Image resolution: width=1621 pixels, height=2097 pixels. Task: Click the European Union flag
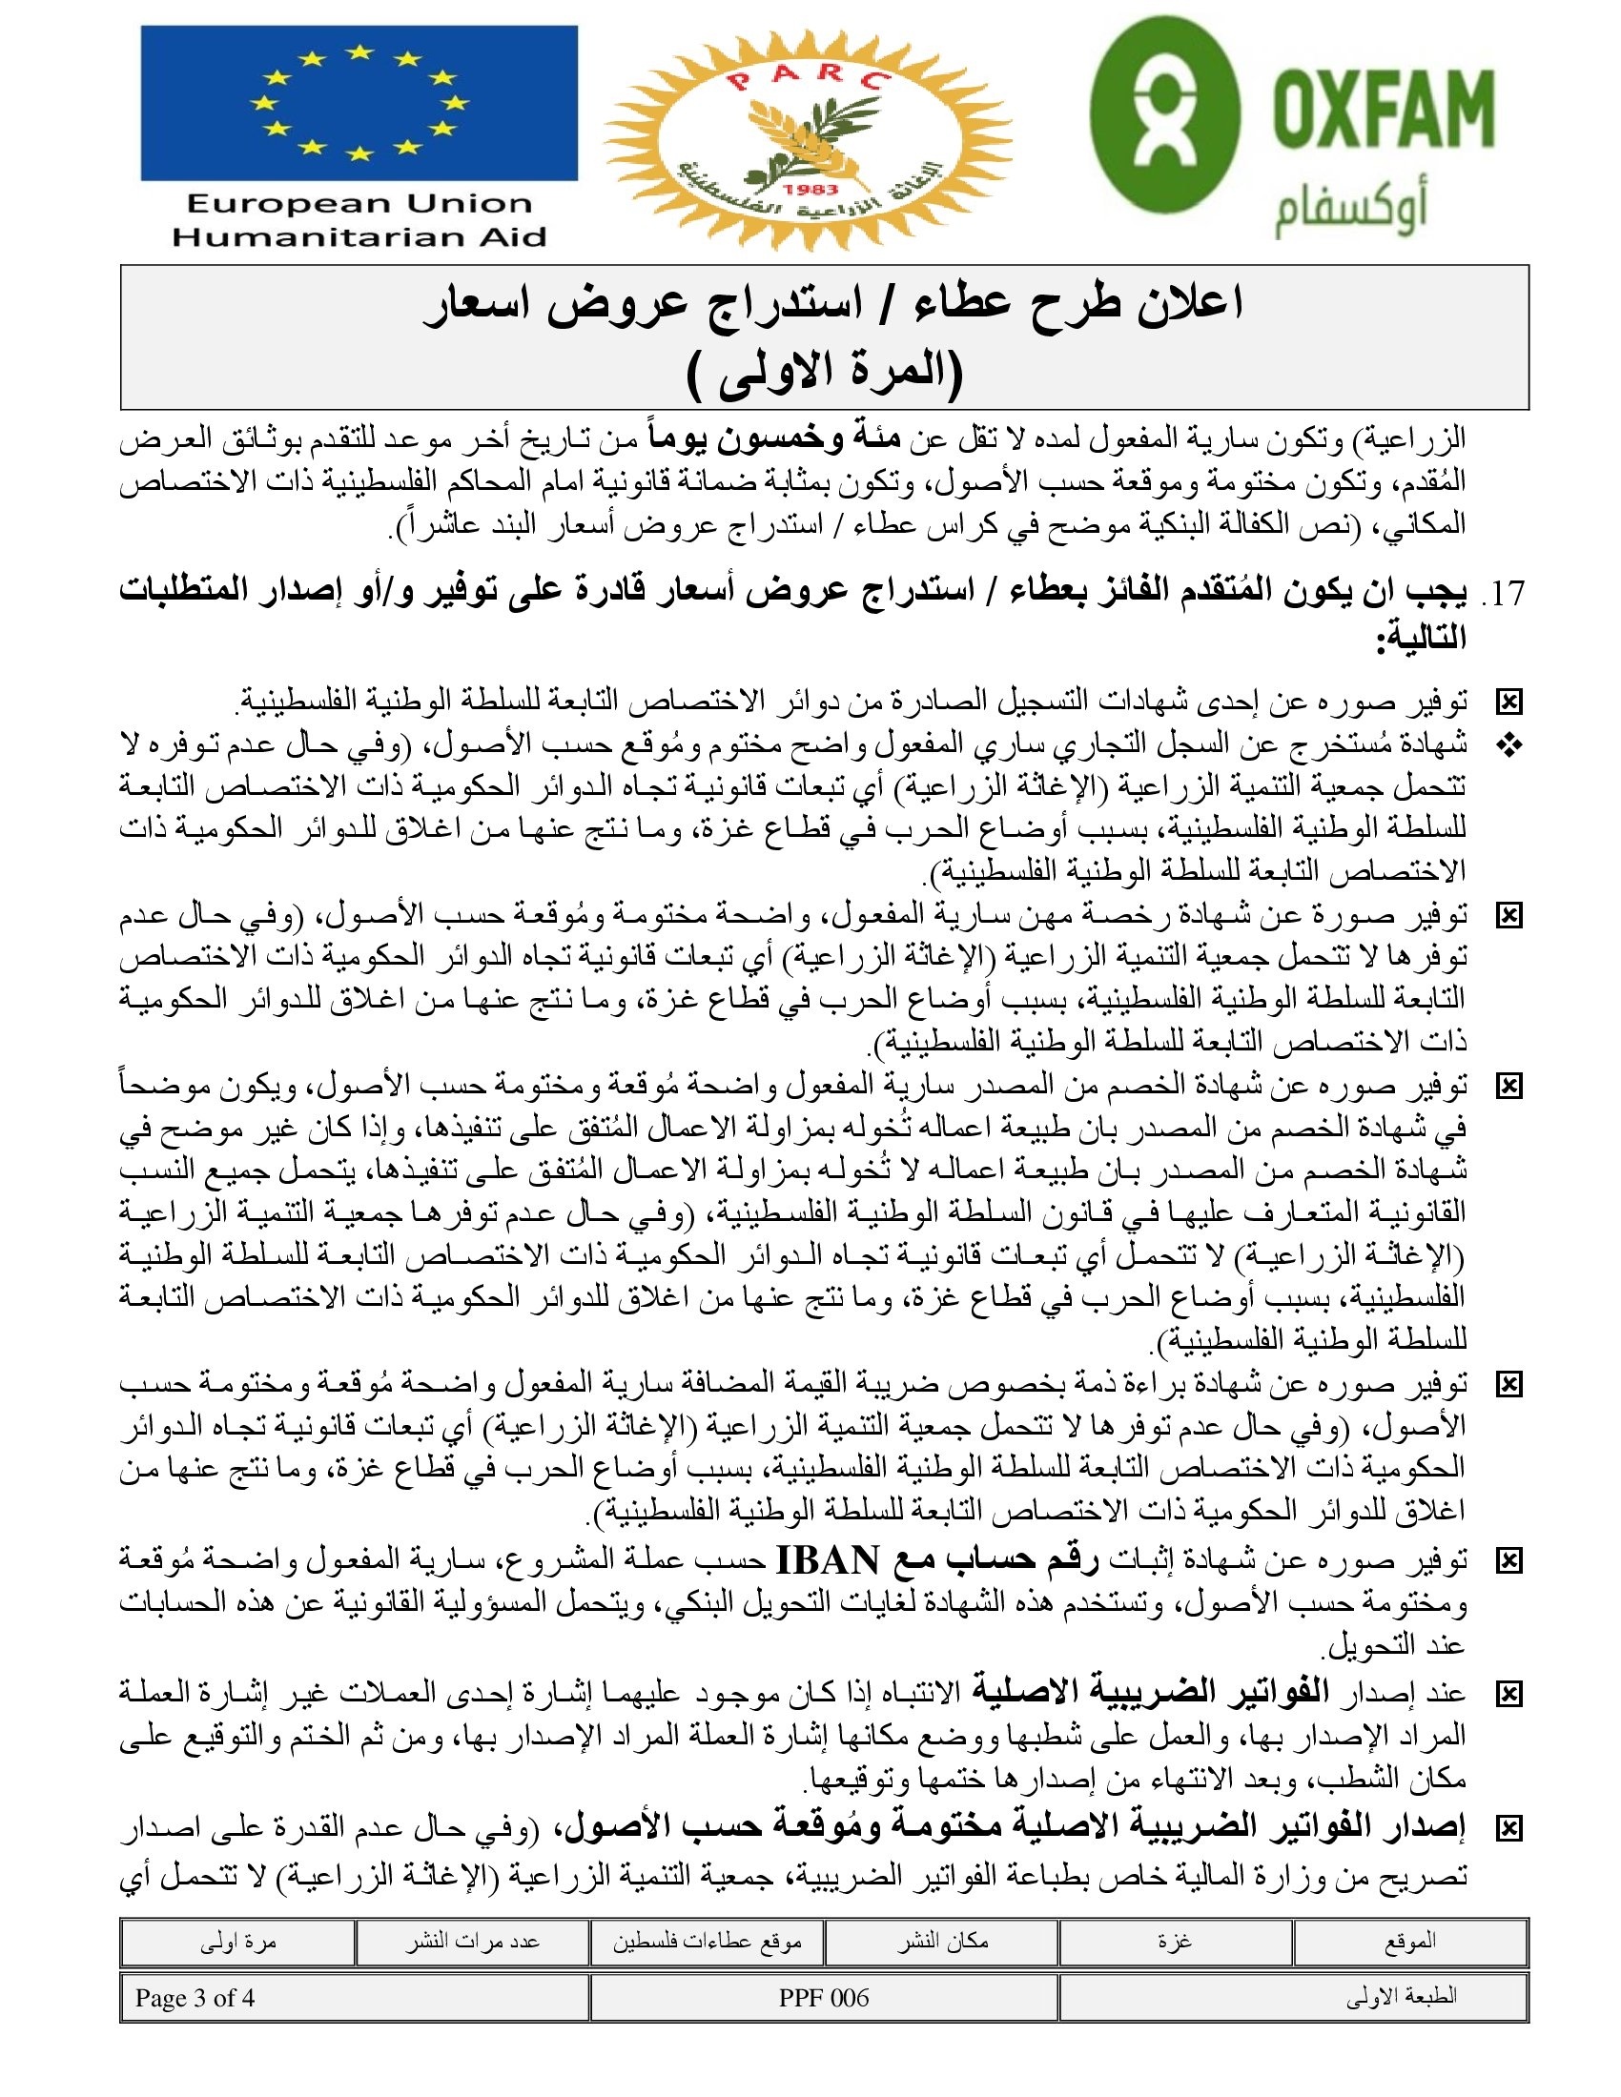click(x=359, y=103)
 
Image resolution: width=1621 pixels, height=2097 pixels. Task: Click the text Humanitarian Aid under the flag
click(x=359, y=237)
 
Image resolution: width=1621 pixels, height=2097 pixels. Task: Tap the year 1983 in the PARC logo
click(x=810, y=189)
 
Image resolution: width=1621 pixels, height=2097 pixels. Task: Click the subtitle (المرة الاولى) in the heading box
click(x=825, y=374)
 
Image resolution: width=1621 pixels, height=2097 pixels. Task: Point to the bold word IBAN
click(x=827, y=1559)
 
